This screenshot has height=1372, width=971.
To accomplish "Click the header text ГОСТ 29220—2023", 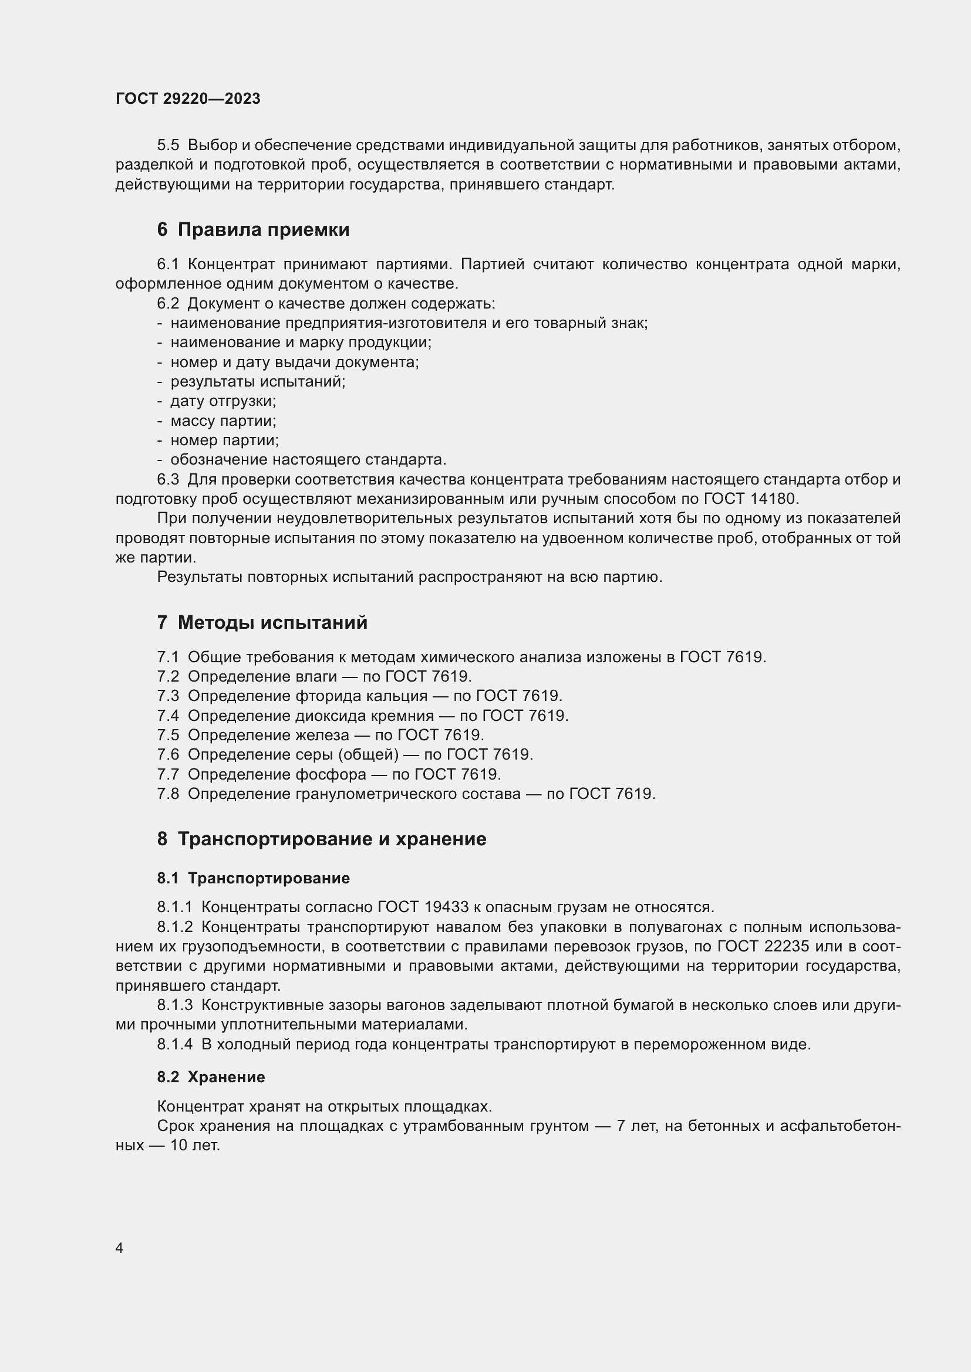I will tap(188, 99).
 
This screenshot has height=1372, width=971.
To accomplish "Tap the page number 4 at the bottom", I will tap(119, 1248).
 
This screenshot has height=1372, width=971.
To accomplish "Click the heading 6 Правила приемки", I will tap(253, 229).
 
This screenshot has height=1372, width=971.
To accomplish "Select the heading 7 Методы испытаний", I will tap(262, 623).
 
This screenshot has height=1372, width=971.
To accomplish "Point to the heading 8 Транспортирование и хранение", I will tap(322, 839).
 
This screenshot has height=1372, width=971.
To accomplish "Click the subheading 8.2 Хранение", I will tap(211, 1077).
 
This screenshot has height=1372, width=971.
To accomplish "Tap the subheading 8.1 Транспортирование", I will tap(254, 878).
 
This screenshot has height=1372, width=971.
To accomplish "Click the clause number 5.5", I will tap(168, 145).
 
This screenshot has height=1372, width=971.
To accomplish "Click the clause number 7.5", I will tap(168, 735).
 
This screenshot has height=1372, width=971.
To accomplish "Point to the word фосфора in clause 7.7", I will tap(331, 774).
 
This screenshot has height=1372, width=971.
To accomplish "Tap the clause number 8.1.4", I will tap(174, 1045).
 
